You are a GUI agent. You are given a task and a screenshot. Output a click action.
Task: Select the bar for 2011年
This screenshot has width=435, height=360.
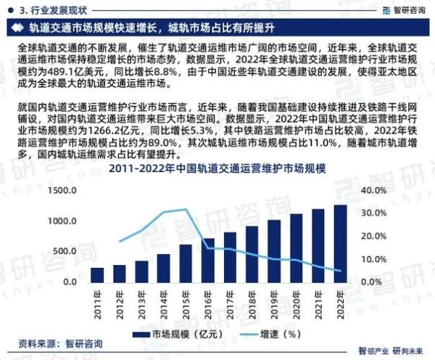(x=97, y=274)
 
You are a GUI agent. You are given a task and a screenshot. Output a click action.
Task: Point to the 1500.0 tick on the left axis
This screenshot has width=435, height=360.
(x=63, y=190)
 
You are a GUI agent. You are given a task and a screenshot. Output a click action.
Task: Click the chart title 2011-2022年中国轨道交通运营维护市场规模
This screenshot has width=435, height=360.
(x=217, y=169)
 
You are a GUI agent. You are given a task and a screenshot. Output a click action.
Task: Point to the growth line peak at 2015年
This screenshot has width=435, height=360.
(x=186, y=209)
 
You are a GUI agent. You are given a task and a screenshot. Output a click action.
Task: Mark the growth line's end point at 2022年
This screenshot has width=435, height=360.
(x=340, y=271)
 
